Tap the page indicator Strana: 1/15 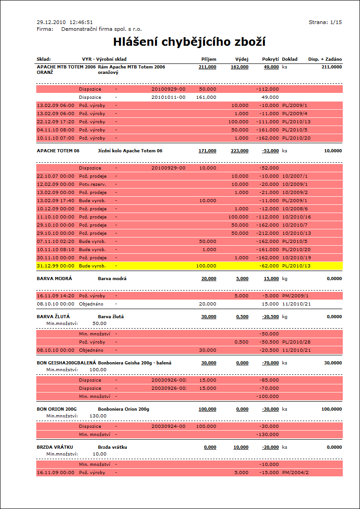tap(325, 22)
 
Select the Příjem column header tap(209, 59)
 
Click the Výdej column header tap(242, 59)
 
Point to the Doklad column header tap(290, 59)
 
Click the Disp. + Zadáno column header tap(325, 59)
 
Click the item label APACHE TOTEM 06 tap(58, 151)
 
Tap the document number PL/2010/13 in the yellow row tap(296, 266)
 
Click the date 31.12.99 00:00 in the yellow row tap(55, 266)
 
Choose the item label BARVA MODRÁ tap(54, 279)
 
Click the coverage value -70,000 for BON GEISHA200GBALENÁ tap(270, 363)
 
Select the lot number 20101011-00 tap(168, 97)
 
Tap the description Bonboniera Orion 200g tap(123, 409)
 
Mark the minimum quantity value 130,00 tap(97, 416)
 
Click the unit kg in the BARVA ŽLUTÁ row tap(285, 317)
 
